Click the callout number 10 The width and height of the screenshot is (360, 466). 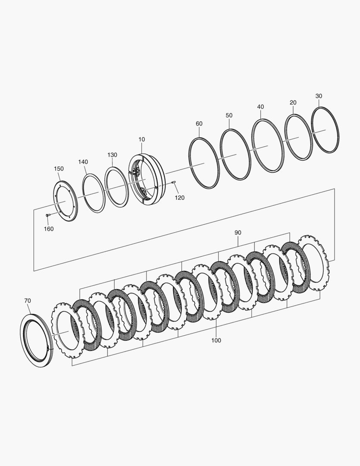pos(142,139)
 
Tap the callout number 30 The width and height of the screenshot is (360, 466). pos(319,96)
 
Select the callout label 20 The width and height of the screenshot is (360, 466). pos(293,103)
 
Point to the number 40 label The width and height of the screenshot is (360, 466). pos(260,107)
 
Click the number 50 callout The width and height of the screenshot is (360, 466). pos(229,115)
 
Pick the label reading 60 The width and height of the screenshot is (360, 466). pos(199,124)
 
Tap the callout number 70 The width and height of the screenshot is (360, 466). pos(27,301)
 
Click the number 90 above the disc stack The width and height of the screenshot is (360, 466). pos(238,233)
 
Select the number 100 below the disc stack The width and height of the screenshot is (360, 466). pos(216,340)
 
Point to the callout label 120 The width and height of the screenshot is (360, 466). pos(179,198)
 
